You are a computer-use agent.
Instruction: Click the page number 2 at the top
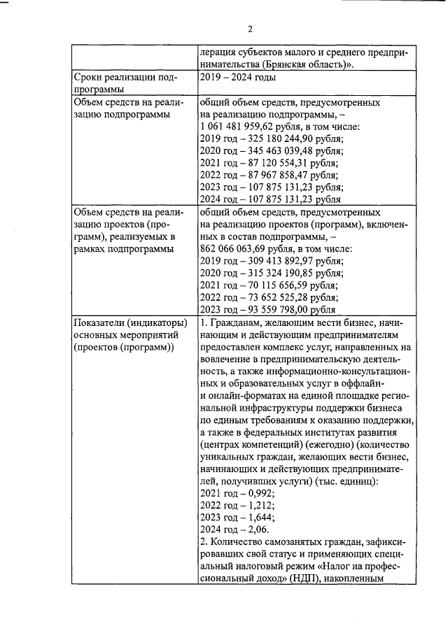coord(250,29)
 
